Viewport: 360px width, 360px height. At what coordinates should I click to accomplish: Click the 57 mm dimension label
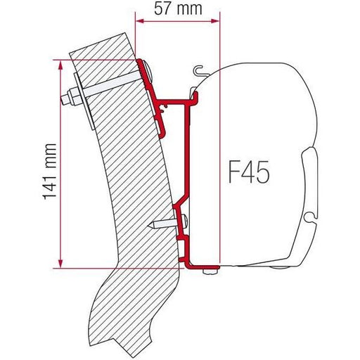[178, 9]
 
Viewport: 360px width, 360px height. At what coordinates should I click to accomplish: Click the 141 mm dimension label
[50, 172]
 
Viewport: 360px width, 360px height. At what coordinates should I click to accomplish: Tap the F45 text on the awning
[249, 172]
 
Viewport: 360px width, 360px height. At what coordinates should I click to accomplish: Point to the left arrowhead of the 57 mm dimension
[140, 21]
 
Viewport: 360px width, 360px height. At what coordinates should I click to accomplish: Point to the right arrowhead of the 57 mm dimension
[215, 21]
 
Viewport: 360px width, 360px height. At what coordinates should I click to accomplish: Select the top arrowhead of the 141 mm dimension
[60, 65]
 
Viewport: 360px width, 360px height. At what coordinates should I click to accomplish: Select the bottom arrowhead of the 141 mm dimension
[60, 263]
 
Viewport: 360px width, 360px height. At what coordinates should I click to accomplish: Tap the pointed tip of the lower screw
[150, 226]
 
